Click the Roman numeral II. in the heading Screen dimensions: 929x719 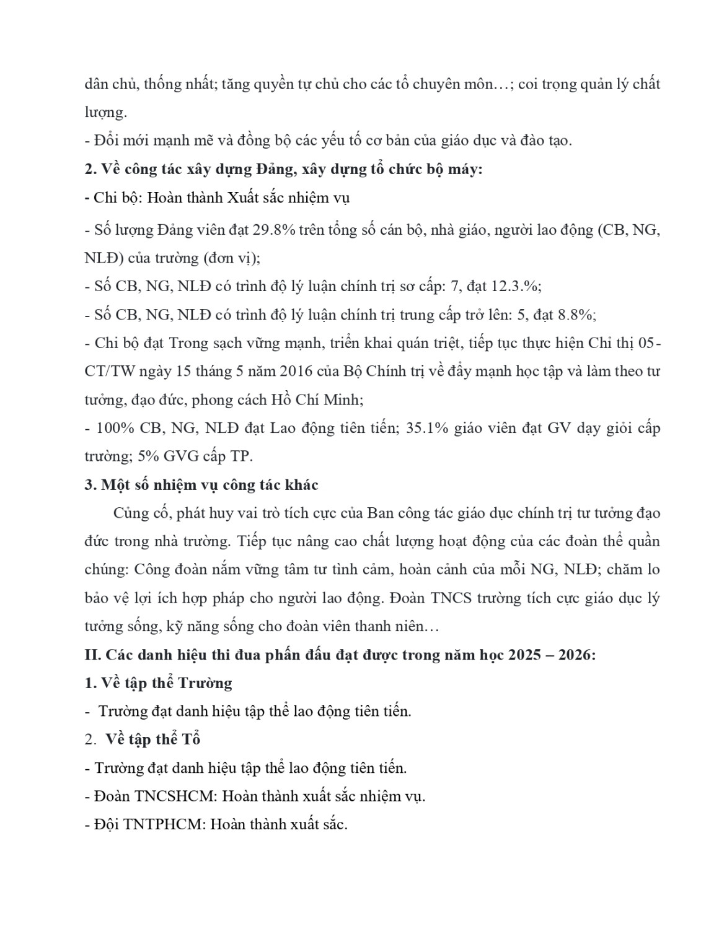coord(93,655)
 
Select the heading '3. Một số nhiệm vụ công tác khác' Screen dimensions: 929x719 coord(201,485)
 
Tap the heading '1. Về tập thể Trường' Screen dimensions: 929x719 coord(158,683)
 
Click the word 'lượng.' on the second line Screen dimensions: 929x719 coord(105,113)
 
